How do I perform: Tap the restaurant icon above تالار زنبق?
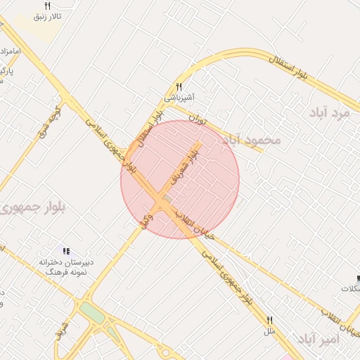[48, 5]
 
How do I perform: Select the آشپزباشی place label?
[180, 97]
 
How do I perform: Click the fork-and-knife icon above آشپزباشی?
[179, 86]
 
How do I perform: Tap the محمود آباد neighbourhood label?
[251, 140]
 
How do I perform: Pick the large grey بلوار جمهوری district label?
[28, 208]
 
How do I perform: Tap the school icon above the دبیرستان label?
[66, 251]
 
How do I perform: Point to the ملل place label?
[269, 330]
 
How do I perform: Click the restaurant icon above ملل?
[269, 319]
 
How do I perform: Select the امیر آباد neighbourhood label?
[319, 340]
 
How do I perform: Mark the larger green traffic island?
[91, 311]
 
